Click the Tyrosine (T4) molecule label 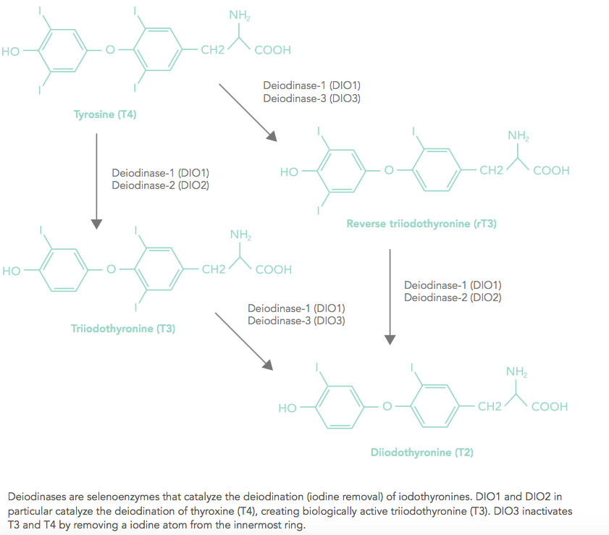click(x=105, y=114)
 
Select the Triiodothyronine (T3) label click(x=123, y=329)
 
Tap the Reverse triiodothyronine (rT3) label click(x=421, y=224)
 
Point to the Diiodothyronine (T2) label click(x=421, y=452)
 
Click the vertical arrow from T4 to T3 click(x=96, y=181)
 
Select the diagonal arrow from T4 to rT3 click(x=248, y=113)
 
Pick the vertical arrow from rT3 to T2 click(x=390, y=297)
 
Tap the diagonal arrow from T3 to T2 click(x=244, y=341)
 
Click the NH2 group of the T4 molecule click(x=239, y=15)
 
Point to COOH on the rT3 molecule click(x=551, y=170)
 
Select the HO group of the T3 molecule click(x=12, y=271)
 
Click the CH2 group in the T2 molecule click(x=490, y=406)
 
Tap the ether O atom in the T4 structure click(x=110, y=50)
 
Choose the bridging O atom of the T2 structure click(x=387, y=406)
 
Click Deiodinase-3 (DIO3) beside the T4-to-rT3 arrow click(x=312, y=98)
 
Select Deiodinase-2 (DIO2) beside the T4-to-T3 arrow click(x=161, y=185)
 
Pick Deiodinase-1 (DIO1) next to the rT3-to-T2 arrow click(x=453, y=285)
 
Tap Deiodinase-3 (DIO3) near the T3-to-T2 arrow click(x=296, y=321)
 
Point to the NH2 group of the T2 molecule click(x=516, y=372)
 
